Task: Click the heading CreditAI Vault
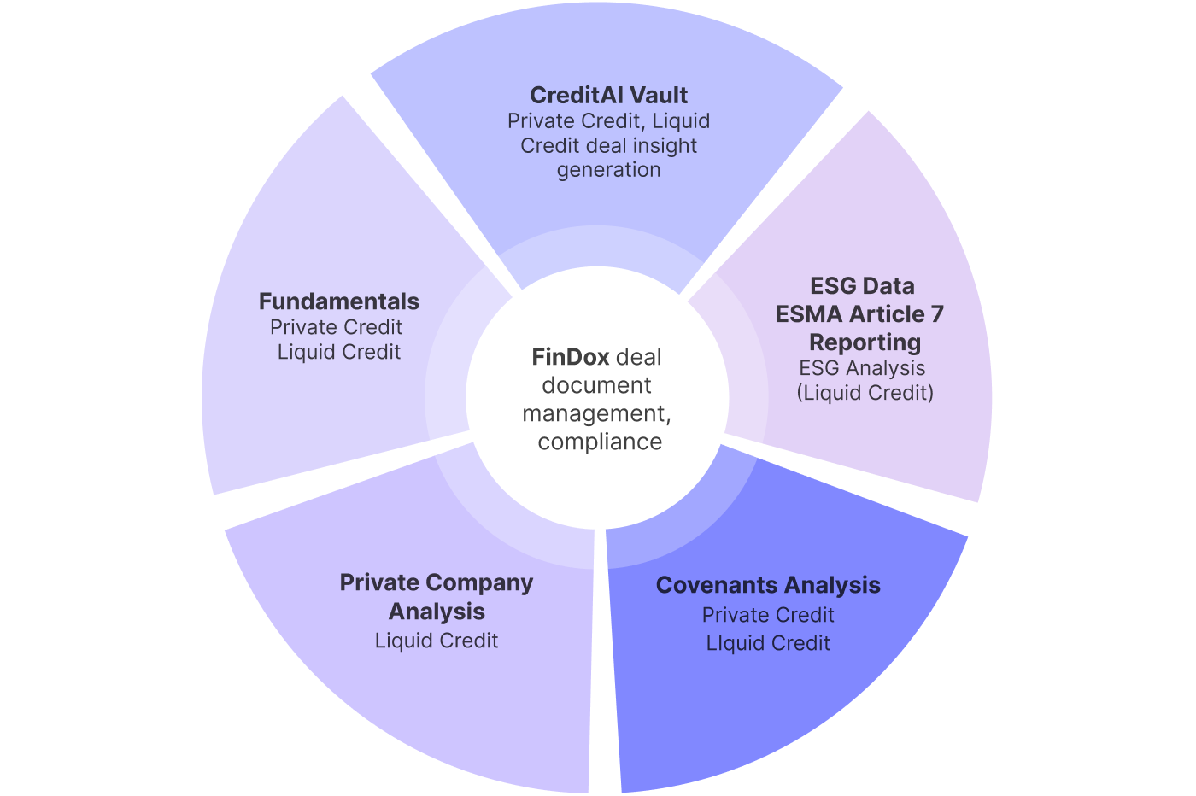(608, 95)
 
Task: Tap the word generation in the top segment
(608, 170)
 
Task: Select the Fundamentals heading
(339, 301)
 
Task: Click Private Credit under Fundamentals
(336, 327)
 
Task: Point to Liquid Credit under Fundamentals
(339, 352)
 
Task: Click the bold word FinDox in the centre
(571, 357)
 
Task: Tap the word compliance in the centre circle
(600, 442)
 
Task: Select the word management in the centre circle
(595, 413)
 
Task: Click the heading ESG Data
(862, 286)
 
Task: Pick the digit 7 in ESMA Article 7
(937, 314)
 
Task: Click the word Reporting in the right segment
(865, 342)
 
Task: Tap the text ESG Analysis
(862, 368)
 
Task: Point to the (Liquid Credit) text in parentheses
(865, 393)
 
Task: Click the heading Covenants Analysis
(768, 585)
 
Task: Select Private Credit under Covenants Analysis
(768, 615)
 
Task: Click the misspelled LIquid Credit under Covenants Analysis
(768, 643)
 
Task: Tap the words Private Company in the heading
(436, 582)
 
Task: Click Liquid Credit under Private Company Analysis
(436, 641)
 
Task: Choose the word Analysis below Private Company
(436, 612)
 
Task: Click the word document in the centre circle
(596, 385)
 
